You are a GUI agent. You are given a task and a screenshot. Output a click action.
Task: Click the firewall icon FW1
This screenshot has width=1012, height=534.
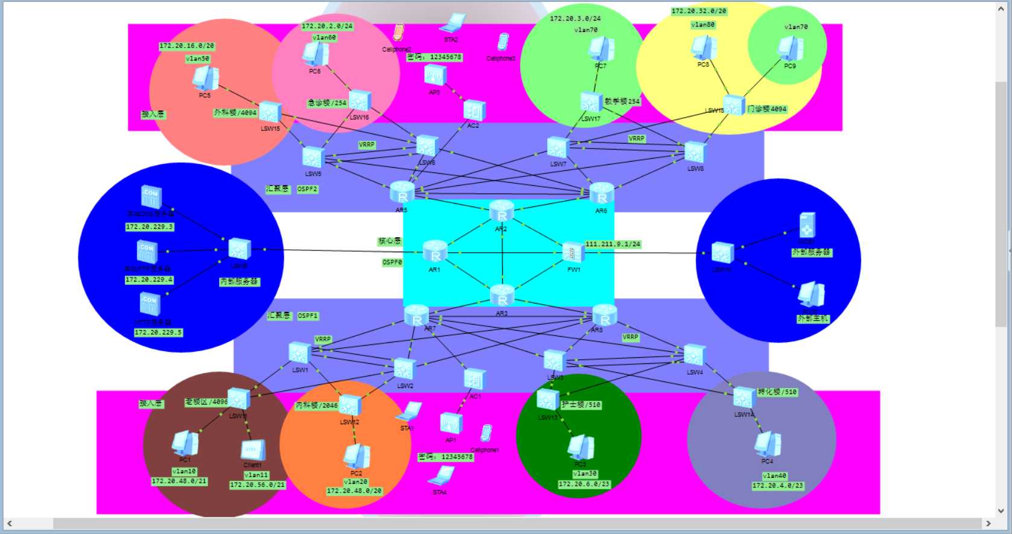[x=572, y=252]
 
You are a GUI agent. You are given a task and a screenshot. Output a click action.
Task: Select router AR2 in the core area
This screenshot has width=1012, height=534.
[x=501, y=212]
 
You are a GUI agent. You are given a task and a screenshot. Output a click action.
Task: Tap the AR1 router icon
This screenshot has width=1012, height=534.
[x=435, y=252]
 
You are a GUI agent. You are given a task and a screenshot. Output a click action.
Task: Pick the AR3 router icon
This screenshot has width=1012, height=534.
[x=502, y=296]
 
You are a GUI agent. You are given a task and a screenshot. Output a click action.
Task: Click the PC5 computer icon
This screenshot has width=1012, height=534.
[x=205, y=78]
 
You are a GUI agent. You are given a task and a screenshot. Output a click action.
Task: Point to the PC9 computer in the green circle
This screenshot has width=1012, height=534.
[x=790, y=49]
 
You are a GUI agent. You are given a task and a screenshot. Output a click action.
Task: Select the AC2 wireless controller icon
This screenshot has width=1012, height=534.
[x=474, y=110]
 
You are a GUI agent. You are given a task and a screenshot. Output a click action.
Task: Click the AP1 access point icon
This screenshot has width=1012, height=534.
[x=451, y=424]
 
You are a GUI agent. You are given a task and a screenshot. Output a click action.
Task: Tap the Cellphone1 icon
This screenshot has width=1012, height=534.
[x=486, y=433]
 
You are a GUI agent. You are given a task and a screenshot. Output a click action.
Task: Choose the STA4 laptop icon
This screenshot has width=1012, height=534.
[x=441, y=476]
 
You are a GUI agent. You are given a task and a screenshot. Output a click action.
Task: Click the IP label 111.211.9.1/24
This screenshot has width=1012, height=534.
[x=613, y=244]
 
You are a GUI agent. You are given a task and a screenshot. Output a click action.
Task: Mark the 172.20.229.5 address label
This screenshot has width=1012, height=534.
[x=158, y=332]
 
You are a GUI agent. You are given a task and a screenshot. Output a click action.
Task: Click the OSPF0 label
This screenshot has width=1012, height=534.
[x=392, y=262]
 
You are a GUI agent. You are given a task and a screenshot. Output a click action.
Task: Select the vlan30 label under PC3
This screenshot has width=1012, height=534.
[x=585, y=474]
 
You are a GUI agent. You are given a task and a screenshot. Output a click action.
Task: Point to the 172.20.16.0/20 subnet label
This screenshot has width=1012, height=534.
[x=186, y=46]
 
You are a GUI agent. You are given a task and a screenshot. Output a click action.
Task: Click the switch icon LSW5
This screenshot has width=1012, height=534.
[x=313, y=158]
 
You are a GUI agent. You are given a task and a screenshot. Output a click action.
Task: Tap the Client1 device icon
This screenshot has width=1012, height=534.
[x=252, y=450]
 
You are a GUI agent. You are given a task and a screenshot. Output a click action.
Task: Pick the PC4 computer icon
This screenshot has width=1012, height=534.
[x=768, y=445]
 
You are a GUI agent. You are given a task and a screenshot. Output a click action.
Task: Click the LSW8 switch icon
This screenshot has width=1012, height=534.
[x=695, y=153]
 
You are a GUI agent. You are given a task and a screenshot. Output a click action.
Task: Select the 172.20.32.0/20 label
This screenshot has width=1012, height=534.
[x=699, y=11]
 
